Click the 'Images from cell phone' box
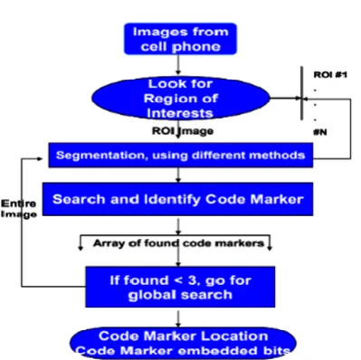pyautogui.click(x=180, y=39)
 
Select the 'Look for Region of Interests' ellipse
pyautogui.click(x=181, y=99)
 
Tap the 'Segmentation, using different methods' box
pyautogui.click(x=181, y=155)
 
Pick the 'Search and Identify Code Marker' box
pyautogui.click(x=177, y=199)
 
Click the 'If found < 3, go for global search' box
pyautogui.click(x=180, y=287)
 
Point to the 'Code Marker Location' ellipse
pyautogui.click(x=183, y=344)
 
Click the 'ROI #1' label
pyautogui.click(x=330, y=74)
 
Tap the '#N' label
pyautogui.click(x=320, y=132)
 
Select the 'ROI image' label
pyautogui.click(x=183, y=131)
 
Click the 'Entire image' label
pyautogui.click(x=19, y=209)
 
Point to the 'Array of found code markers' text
pyautogui.click(x=178, y=243)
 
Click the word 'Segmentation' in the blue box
pyautogui.click(x=102, y=156)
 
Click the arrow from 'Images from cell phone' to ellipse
pyautogui.click(x=178, y=65)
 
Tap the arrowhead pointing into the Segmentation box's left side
pyautogui.click(x=40, y=158)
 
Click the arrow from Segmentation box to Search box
pyautogui.click(x=178, y=175)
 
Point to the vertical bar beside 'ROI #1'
pyautogui.click(x=301, y=93)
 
